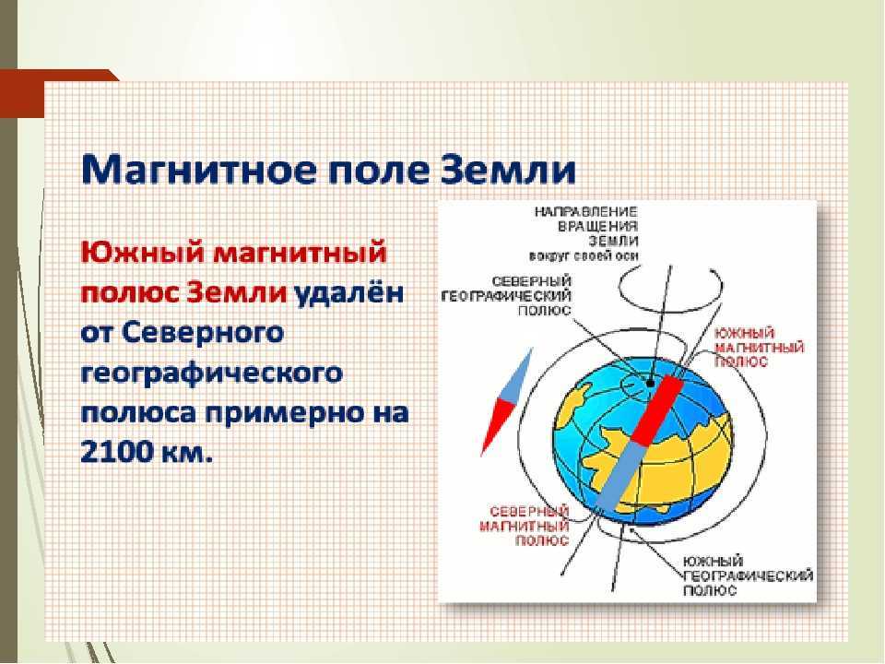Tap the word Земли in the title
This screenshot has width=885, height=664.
507,169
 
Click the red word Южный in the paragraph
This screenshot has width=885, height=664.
142,252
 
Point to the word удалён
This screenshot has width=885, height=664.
348,293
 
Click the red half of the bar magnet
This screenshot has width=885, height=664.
657,409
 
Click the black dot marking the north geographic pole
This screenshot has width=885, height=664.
650,384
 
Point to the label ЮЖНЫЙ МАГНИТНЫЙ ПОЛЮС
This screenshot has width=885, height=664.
759,348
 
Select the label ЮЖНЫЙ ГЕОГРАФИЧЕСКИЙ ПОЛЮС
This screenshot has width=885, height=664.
748,575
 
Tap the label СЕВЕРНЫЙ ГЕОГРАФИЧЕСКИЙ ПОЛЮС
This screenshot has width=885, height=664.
506,296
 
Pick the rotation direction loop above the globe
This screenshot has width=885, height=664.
670,303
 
